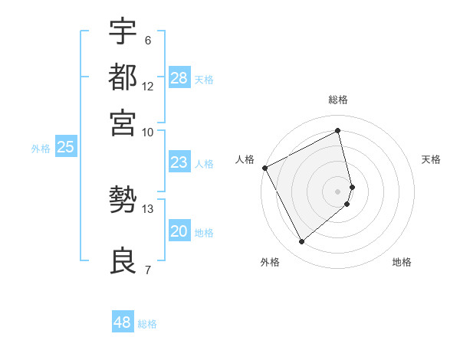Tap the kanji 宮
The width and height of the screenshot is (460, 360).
(123, 123)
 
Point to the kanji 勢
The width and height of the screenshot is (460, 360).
(123, 201)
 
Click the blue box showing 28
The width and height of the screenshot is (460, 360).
(179, 78)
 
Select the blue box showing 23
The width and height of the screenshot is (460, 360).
(179, 162)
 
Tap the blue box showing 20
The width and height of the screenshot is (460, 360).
(179, 231)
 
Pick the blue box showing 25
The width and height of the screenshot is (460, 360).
(65, 148)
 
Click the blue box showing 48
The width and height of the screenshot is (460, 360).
(123, 322)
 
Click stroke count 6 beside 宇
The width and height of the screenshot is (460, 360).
(147, 40)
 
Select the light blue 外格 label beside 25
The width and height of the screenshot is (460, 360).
(41, 149)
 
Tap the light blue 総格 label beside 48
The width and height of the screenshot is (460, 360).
(148, 324)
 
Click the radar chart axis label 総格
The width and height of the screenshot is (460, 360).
(338, 100)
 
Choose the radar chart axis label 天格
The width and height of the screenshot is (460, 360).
(432, 159)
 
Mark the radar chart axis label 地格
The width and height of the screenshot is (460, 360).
(402, 262)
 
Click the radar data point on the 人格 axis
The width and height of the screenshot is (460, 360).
(264, 168)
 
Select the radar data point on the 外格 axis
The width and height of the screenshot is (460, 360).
(301, 242)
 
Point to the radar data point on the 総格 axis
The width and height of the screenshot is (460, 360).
(338, 131)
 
